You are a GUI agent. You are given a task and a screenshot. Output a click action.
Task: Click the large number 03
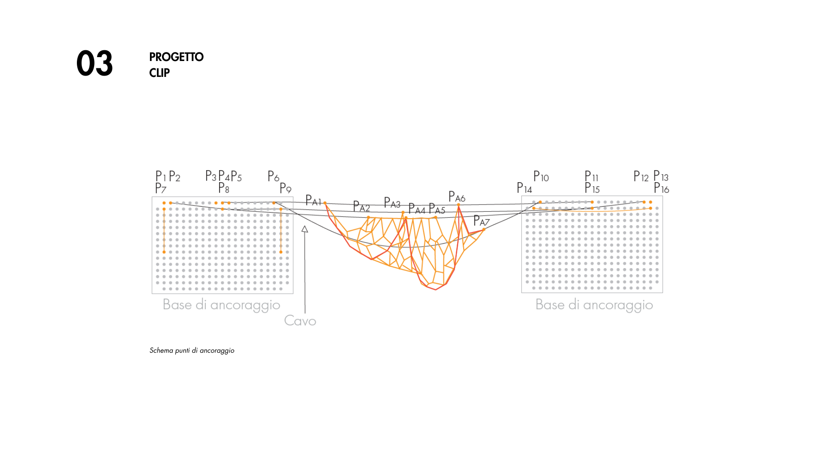click(95, 64)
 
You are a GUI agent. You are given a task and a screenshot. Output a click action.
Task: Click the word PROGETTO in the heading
click(176, 57)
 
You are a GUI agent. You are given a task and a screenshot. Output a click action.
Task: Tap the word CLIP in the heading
click(159, 73)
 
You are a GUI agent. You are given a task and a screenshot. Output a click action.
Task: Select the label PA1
click(313, 200)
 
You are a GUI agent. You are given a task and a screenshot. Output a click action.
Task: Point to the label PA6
click(457, 197)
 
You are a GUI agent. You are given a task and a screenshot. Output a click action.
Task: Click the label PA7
click(481, 221)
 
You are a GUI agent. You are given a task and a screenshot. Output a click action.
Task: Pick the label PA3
click(392, 203)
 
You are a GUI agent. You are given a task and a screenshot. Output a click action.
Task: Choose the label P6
click(273, 176)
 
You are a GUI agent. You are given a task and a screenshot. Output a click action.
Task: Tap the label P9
click(285, 188)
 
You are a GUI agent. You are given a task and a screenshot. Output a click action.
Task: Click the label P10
click(541, 177)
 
